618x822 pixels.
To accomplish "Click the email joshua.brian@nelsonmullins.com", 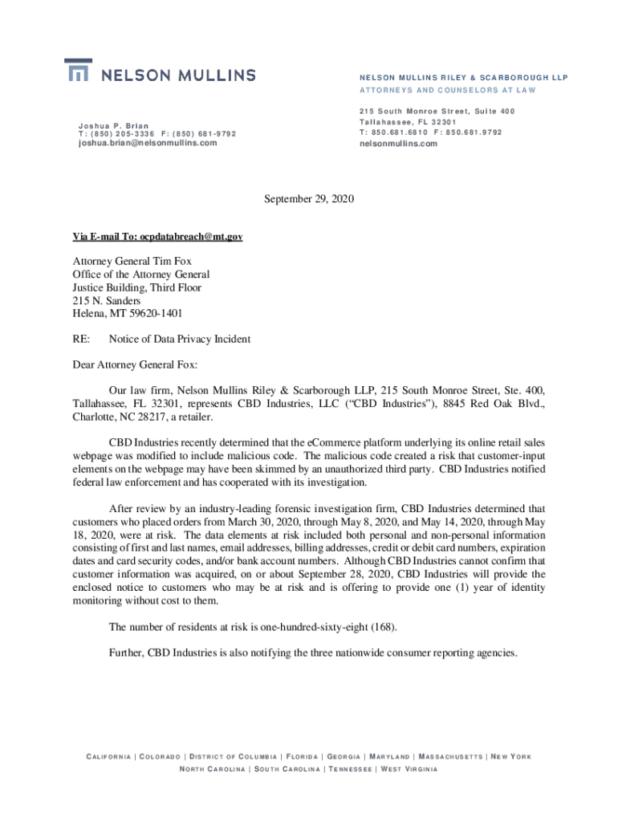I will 148,143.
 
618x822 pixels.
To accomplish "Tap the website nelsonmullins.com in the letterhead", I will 398,144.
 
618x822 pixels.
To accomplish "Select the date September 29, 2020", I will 308,198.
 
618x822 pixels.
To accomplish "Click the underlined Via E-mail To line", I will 157,237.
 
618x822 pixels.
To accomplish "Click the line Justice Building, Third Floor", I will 136,287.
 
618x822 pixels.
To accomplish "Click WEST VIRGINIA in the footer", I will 409,770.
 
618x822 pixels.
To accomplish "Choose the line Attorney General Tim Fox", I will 132,261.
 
